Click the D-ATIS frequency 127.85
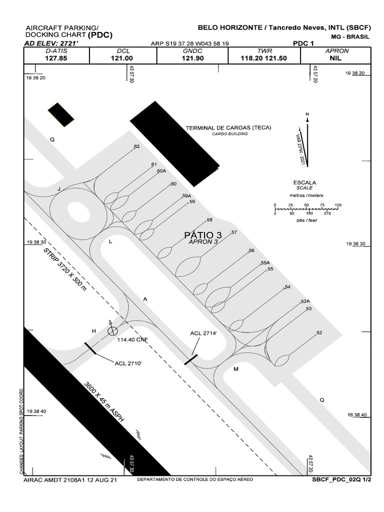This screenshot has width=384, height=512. point(56,58)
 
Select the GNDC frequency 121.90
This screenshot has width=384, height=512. point(192,58)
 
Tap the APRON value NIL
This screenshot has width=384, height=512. point(336,58)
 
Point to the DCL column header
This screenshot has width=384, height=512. point(123,51)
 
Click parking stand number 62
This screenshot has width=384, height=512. point(136,146)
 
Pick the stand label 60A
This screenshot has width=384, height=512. point(161,171)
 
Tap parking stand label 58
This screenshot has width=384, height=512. point(209,220)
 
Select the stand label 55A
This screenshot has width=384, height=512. point(265,263)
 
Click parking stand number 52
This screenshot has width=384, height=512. point(319,333)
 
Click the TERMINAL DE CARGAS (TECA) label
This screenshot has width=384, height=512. point(228,128)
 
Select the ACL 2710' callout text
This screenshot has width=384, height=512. point(128,363)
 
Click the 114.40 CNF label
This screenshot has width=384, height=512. point(133,339)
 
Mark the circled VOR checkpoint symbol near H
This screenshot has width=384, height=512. point(112,330)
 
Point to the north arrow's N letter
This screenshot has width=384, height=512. point(307,114)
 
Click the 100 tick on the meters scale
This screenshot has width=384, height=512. point(338,205)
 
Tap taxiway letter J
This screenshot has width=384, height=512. point(59,189)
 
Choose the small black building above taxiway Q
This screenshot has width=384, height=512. point(60,114)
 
